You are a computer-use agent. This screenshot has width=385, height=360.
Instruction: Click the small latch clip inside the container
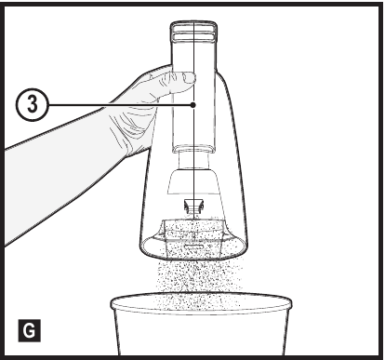[x=193, y=205]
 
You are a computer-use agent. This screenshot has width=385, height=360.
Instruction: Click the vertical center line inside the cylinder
[x=193, y=130]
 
